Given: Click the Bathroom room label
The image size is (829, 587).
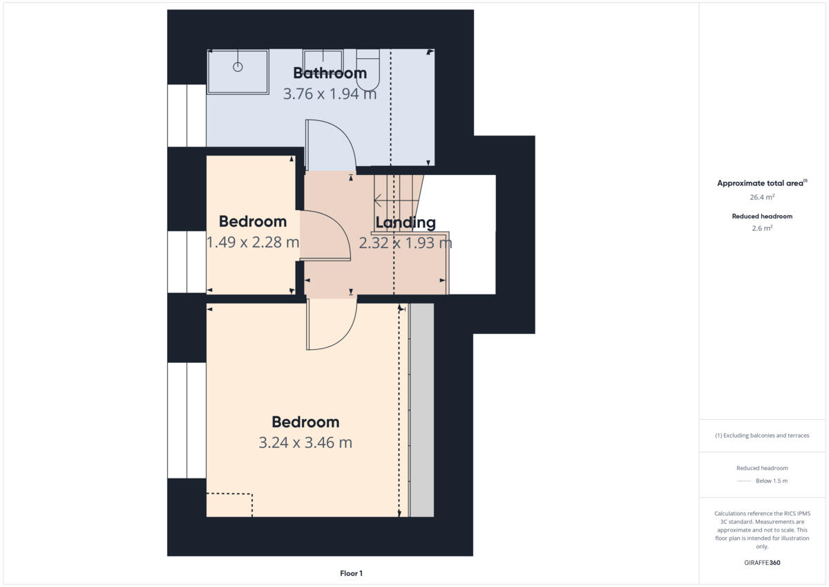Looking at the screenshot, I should [330, 73].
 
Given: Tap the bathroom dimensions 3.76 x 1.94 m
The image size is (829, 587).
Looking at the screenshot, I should [330, 94].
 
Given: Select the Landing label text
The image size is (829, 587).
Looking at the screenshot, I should [406, 223].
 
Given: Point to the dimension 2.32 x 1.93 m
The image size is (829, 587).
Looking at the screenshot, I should [406, 243].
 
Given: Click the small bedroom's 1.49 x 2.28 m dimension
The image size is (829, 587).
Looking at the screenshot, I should [253, 242].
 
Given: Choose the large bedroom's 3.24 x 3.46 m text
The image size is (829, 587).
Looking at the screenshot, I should [305, 442].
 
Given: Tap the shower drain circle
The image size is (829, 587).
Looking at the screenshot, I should [238, 67].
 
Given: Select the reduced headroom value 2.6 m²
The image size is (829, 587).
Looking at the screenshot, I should [763, 227].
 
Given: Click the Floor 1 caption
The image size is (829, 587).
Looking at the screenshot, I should [351, 573].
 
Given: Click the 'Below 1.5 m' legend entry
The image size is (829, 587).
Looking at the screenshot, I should [771, 481].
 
